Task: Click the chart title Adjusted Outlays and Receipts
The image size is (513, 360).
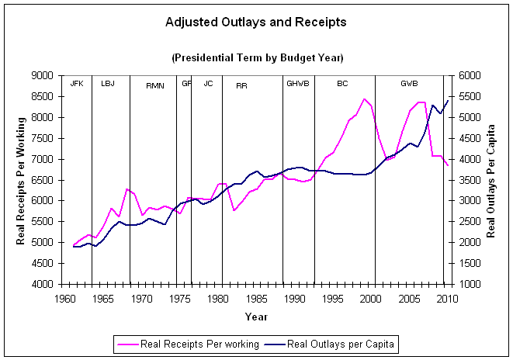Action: click(x=256, y=22)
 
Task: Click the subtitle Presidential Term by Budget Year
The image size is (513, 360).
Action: click(x=256, y=57)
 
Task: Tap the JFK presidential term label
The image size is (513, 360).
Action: click(x=76, y=83)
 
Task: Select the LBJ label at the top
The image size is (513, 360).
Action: click(x=107, y=83)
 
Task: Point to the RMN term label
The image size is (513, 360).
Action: click(x=155, y=85)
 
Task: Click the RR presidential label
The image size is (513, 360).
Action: click(x=241, y=85)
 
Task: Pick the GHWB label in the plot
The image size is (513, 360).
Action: click(x=298, y=83)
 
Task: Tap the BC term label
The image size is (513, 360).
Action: click(x=342, y=83)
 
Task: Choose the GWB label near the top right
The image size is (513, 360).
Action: click(x=409, y=83)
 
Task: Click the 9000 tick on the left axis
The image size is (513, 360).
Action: click(x=43, y=76)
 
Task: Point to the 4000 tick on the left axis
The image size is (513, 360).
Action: click(x=43, y=284)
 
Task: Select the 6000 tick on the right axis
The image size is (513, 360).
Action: click(x=468, y=76)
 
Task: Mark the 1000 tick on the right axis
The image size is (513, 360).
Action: click(x=468, y=284)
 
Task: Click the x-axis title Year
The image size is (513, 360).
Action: click(x=256, y=317)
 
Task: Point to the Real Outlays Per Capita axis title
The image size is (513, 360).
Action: click(x=491, y=180)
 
